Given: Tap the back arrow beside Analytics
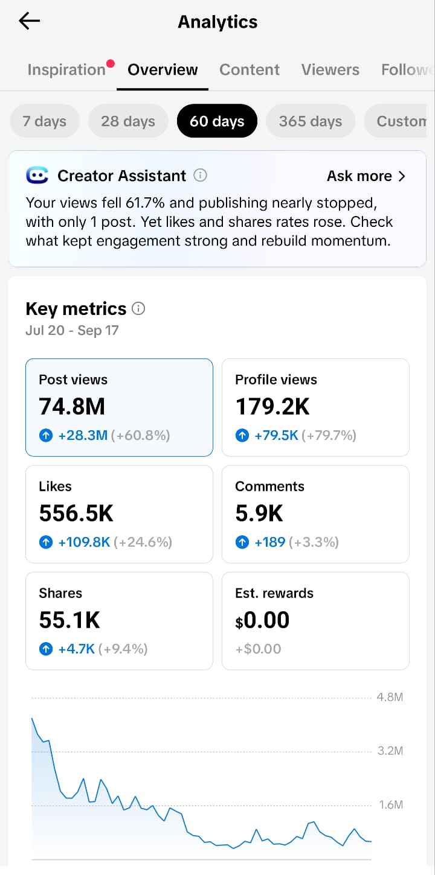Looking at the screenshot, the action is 30,21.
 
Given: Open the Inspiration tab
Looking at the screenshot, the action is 66,70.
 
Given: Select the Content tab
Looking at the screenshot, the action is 249,70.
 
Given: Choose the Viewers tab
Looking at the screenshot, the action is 330,70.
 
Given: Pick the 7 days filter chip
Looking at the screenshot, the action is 45,121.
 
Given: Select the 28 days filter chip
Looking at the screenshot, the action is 128,121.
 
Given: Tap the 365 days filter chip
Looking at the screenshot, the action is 310,121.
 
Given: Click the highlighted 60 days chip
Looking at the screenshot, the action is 217,121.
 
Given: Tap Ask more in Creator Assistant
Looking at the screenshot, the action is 366,176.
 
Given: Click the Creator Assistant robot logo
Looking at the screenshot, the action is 37,176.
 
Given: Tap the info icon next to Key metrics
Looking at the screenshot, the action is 138,308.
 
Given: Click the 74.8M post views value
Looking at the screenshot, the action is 72,406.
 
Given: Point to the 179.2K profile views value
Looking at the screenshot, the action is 272,406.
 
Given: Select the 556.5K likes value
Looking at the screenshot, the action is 76,513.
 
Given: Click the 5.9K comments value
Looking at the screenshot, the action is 259,513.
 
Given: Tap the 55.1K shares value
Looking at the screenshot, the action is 69,620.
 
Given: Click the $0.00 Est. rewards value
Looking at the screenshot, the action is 262,620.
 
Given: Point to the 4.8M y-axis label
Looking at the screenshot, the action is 390,697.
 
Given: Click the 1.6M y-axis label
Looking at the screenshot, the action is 391,804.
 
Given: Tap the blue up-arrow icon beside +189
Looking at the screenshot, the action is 242,542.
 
